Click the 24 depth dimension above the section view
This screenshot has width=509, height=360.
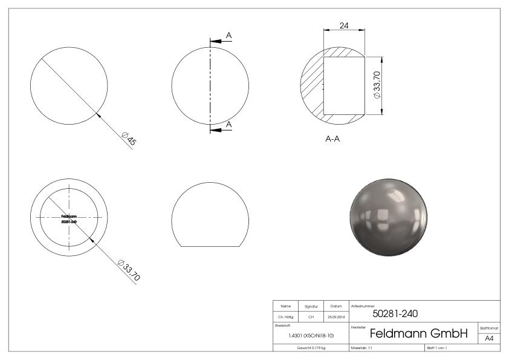click(343, 26)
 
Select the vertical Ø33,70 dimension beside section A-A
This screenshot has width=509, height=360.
click(377, 85)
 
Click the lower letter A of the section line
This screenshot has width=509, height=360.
click(229, 124)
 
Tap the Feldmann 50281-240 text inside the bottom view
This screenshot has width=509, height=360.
click(69, 218)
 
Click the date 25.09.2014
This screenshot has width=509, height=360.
click(336, 316)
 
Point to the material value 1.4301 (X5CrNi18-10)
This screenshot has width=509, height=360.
click(311, 335)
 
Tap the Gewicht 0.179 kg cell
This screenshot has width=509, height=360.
click(311, 347)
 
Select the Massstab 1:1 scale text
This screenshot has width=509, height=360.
click(363, 347)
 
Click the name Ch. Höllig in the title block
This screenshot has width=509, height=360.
click(287, 316)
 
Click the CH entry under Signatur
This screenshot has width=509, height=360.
click(311, 316)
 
